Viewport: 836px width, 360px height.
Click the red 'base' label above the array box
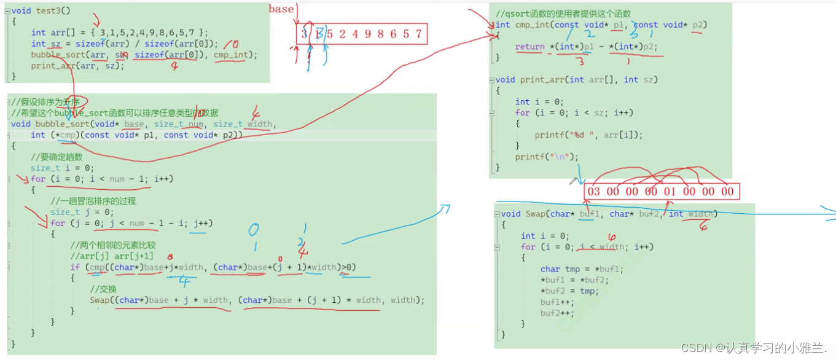tap(281, 9)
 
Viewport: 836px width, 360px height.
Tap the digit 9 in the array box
tap(367, 34)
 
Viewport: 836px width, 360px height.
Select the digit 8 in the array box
tap(380, 34)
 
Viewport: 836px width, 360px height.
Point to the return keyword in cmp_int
tap(529, 47)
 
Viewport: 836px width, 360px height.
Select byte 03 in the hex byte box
tap(593, 192)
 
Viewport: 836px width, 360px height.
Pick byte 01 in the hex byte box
tap(670, 192)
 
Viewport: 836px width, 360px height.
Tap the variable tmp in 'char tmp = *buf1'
tap(572, 269)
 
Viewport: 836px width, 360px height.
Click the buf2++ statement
tap(557, 313)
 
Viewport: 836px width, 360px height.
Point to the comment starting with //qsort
tap(563, 14)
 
